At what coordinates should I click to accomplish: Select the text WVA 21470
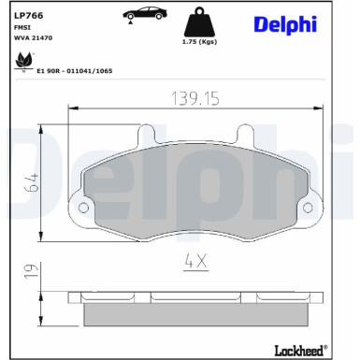click(x=32, y=38)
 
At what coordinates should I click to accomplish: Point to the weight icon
click(x=196, y=22)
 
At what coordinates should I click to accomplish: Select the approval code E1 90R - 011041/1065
click(x=75, y=68)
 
